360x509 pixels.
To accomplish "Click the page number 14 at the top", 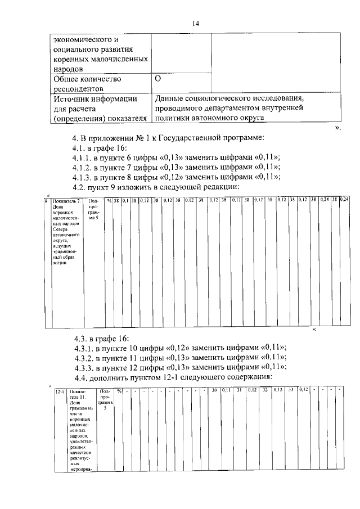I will point(196,23).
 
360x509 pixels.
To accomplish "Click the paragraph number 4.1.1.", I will point(85,157).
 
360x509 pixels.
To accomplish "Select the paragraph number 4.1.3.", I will point(85,177).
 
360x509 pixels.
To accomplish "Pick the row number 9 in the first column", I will point(46,201).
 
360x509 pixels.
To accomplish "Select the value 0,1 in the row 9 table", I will point(126,200).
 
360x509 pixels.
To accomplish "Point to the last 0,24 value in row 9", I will point(344,200).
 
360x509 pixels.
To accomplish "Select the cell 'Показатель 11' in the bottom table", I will point(80,427).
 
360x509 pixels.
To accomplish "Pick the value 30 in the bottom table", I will point(214,390).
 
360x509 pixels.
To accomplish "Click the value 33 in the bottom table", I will point(291,390).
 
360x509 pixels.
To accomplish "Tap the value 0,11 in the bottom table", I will point(226,390).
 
